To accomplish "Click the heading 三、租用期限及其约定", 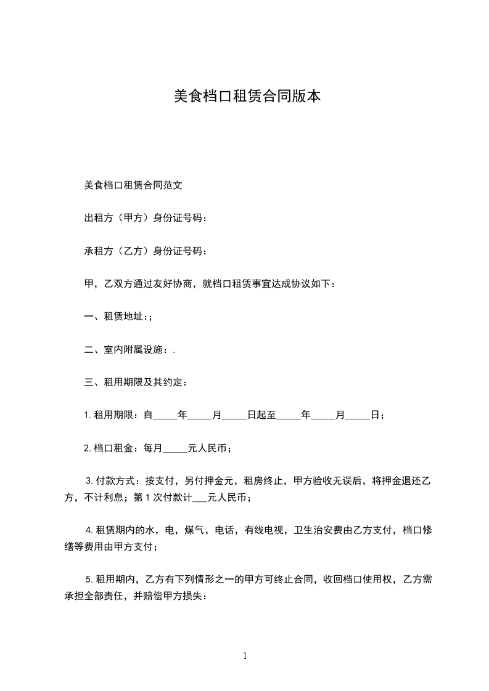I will pos(135,382).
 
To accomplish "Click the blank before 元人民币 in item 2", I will pos(175,449).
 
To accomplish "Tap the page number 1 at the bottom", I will pos(245,656).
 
